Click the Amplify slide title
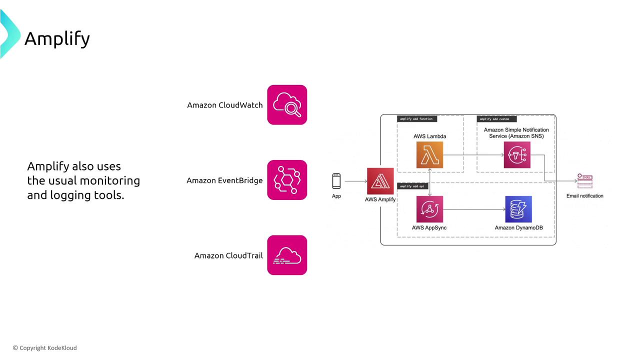(57, 38)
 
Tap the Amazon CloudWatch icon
(287, 105)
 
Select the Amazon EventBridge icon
(287, 180)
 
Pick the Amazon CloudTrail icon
(287, 255)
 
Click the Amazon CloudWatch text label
(224, 105)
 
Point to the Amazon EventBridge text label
(224, 180)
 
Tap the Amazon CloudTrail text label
(228, 255)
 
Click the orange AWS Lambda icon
(429, 155)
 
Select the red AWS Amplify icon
(380, 181)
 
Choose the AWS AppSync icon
(429, 209)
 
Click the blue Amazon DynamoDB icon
(518, 209)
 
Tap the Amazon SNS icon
(517, 155)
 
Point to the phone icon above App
(336, 181)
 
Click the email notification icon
(584, 181)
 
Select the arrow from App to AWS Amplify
(355, 181)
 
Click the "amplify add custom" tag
(496, 119)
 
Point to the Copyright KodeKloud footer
(45, 348)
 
